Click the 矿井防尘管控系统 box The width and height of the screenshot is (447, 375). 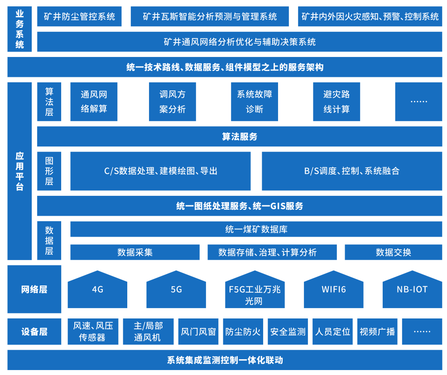(x=80, y=17)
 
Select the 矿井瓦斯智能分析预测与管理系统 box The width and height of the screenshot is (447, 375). (x=210, y=17)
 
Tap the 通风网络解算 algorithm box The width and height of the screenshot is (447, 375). (x=94, y=102)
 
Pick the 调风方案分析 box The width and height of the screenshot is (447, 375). (x=173, y=102)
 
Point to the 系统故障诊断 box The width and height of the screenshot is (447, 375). (x=255, y=102)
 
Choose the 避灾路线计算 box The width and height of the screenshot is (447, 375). (x=336, y=102)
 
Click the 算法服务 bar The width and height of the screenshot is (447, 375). (x=240, y=137)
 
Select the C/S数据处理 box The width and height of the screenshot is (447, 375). (x=160, y=171)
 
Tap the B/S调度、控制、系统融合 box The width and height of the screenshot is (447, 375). (x=352, y=171)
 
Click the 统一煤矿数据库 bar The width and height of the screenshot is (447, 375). (x=256, y=229)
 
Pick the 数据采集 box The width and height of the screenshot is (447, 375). (x=135, y=252)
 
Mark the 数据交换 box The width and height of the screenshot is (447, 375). (x=394, y=252)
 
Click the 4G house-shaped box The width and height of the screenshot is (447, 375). (x=97, y=290)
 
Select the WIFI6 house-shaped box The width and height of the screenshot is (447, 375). (x=334, y=290)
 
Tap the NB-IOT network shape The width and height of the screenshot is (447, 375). (x=412, y=290)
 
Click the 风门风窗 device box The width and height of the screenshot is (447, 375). (x=198, y=332)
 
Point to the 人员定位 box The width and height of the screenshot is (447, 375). (x=333, y=332)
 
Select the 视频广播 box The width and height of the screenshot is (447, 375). (x=377, y=332)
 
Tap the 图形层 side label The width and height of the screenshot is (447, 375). (x=49, y=171)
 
